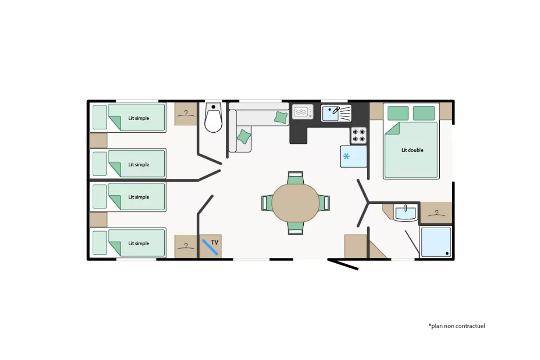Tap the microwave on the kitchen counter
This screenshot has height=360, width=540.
tap(302, 112)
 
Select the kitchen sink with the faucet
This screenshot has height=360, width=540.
tap(336, 113)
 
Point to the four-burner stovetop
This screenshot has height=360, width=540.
tap(358, 135)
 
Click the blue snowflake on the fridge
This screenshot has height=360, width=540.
tap(346, 157)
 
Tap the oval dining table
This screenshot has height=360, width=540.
tap(296, 203)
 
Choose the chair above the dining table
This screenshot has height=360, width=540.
tap(296, 178)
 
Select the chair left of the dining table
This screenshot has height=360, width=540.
tap(267, 203)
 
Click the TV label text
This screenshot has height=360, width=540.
tap(215, 242)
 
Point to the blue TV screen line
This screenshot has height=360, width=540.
tap(210, 247)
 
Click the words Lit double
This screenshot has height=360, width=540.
tap(412, 150)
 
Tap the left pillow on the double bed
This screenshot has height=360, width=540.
tap(398, 113)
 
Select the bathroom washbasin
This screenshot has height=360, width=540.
tap(405, 213)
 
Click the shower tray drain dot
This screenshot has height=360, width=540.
tap(447, 253)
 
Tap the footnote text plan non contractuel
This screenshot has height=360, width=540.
tap(457, 326)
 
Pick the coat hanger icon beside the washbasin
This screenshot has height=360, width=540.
tap(436, 213)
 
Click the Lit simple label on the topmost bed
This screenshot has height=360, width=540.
tap(139, 118)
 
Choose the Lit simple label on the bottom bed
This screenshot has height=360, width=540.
tap(139, 243)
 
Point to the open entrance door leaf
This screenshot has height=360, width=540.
tap(343, 264)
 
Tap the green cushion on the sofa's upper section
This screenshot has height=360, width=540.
tap(281, 117)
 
